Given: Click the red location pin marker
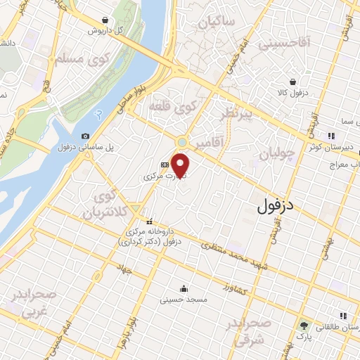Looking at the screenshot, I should tap(181, 165).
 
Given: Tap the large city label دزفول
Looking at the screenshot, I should tap(274, 207).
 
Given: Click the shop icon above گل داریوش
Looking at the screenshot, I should tap(105, 20).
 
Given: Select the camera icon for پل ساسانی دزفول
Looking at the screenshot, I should tap(86, 136).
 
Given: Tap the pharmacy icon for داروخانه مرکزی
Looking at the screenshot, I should tap(149, 222).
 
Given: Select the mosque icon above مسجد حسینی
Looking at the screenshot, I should tap(184, 288).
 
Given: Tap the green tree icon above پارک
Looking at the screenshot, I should tap(304, 326).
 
